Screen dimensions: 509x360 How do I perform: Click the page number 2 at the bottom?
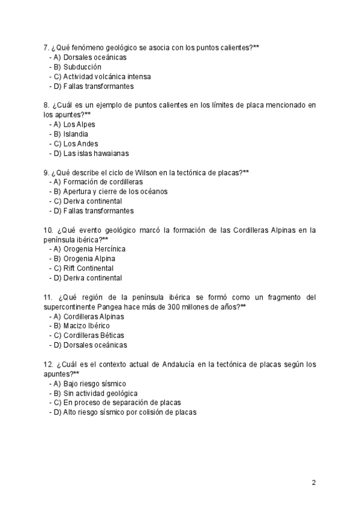tap(314, 482)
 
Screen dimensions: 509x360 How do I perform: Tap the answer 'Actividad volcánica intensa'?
tap(107, 77)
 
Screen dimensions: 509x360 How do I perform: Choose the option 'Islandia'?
tap(76, 134)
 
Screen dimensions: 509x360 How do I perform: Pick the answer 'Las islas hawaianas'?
tap(95, 154)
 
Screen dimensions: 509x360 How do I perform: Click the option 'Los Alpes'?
tap(79, 125)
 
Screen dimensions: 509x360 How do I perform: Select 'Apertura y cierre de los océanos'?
tap(115, 191)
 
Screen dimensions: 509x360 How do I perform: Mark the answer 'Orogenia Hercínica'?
tap(94, 249)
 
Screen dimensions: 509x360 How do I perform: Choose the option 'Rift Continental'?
tap(88, 268)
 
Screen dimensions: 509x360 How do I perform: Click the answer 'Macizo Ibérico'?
tap(86, 326)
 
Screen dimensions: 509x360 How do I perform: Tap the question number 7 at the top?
tap(46, 47)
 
